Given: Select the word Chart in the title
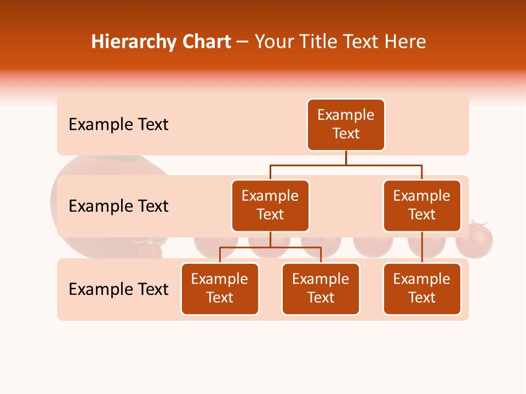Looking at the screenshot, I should coord(207,42).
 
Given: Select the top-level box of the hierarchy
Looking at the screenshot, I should coord(346,125).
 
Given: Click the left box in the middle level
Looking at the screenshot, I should coord(270,206).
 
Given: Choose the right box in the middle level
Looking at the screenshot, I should coord(422,206).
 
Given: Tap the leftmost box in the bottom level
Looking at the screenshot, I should coord(220,289).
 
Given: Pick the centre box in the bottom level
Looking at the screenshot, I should coord(321,289).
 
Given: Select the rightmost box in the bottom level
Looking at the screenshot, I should coord(422,289).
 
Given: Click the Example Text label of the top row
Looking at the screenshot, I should coord(118,125).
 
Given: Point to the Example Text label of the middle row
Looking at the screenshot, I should coord(118,206).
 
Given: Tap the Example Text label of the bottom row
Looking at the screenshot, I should coord(118,289).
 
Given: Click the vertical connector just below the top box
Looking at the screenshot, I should coord(346,158).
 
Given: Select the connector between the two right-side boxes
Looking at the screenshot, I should coord(422,247).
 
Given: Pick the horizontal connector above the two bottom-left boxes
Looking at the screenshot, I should coord(270,247).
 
